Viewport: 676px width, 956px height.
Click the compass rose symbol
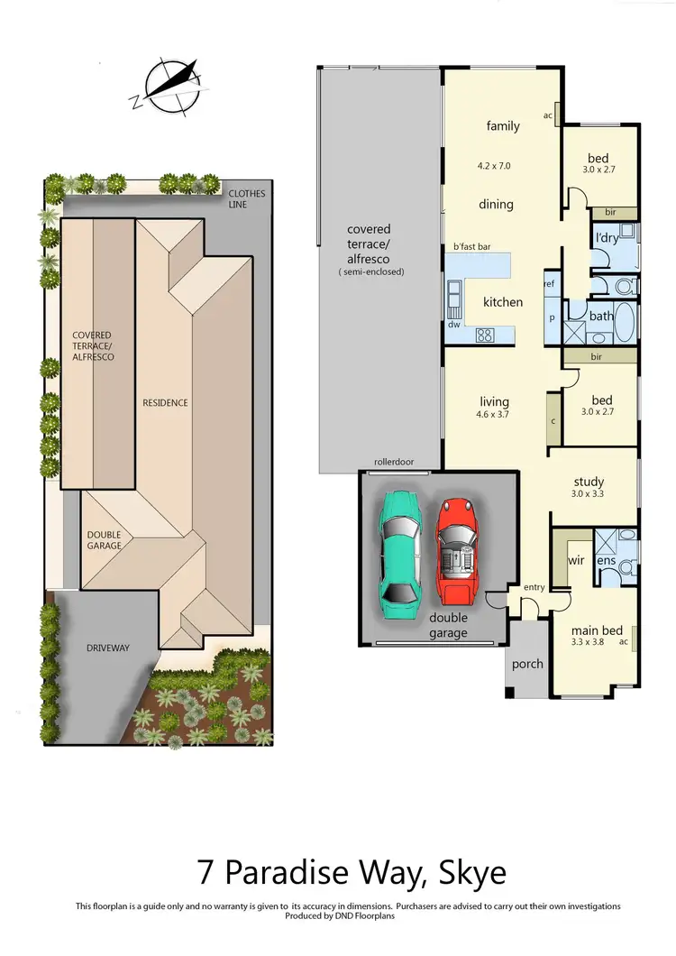(x=168, y=87)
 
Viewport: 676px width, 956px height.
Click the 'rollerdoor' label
(x=394, y=463)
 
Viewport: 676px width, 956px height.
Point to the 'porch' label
(x=527, y=664)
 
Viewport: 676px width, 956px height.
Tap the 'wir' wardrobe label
(x=577, y=560)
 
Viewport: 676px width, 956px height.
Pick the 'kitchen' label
(x=503, y=302)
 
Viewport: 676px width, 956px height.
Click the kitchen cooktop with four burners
(x=485, y=336)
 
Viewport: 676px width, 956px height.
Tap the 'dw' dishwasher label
(x=453, y=324)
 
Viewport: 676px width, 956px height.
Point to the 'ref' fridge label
(x=549, y=284)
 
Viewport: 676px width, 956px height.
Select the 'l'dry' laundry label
(x=607, y=239)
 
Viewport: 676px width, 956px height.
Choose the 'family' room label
(x=503, y=126)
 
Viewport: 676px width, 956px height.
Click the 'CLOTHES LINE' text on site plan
(x=246, y=198)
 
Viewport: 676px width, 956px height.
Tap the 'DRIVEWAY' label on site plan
(x=108, y=648)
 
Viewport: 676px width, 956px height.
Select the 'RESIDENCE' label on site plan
(x=165, y=402)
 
